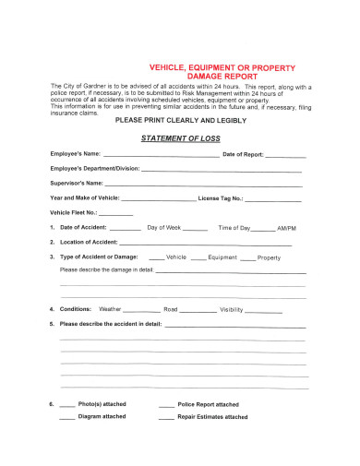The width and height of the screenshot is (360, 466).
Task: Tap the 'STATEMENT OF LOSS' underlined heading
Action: click(179, 138)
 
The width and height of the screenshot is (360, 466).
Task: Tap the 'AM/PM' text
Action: click(287, 228)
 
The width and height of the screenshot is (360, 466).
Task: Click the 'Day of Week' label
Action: click(164, 227)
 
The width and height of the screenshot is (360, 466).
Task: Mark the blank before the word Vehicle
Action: click(156, 258)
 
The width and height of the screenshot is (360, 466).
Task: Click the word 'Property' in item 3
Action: click(269, 257)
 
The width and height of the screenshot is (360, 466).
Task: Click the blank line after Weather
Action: click(141, 311)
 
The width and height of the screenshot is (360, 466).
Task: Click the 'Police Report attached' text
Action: click(208, 405)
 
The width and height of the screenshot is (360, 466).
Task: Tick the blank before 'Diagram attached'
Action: click(67, 418)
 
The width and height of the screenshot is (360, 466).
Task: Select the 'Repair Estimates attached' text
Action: click(212, 417)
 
